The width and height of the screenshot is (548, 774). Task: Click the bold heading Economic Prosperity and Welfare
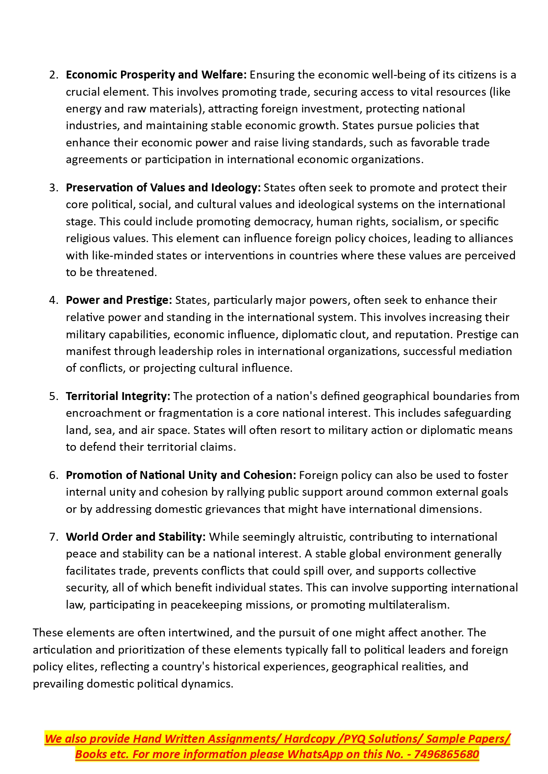pyautogui.click(x=156, y=75)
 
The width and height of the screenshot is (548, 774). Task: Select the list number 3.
pyautogui.click(x=53, y=188)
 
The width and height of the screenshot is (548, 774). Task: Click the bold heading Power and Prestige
pyautogui.click(x=119, y=300)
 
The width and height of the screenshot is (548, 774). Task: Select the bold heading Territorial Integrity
pyautogui.click(x=118, y=396)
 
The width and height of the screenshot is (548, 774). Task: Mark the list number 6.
pyautogui.click(x=53, y=475)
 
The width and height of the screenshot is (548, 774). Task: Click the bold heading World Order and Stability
pyautogui.click(x=136, y=537)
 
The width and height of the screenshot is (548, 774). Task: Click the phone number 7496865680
pyautogui.click(x=446, y=755)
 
